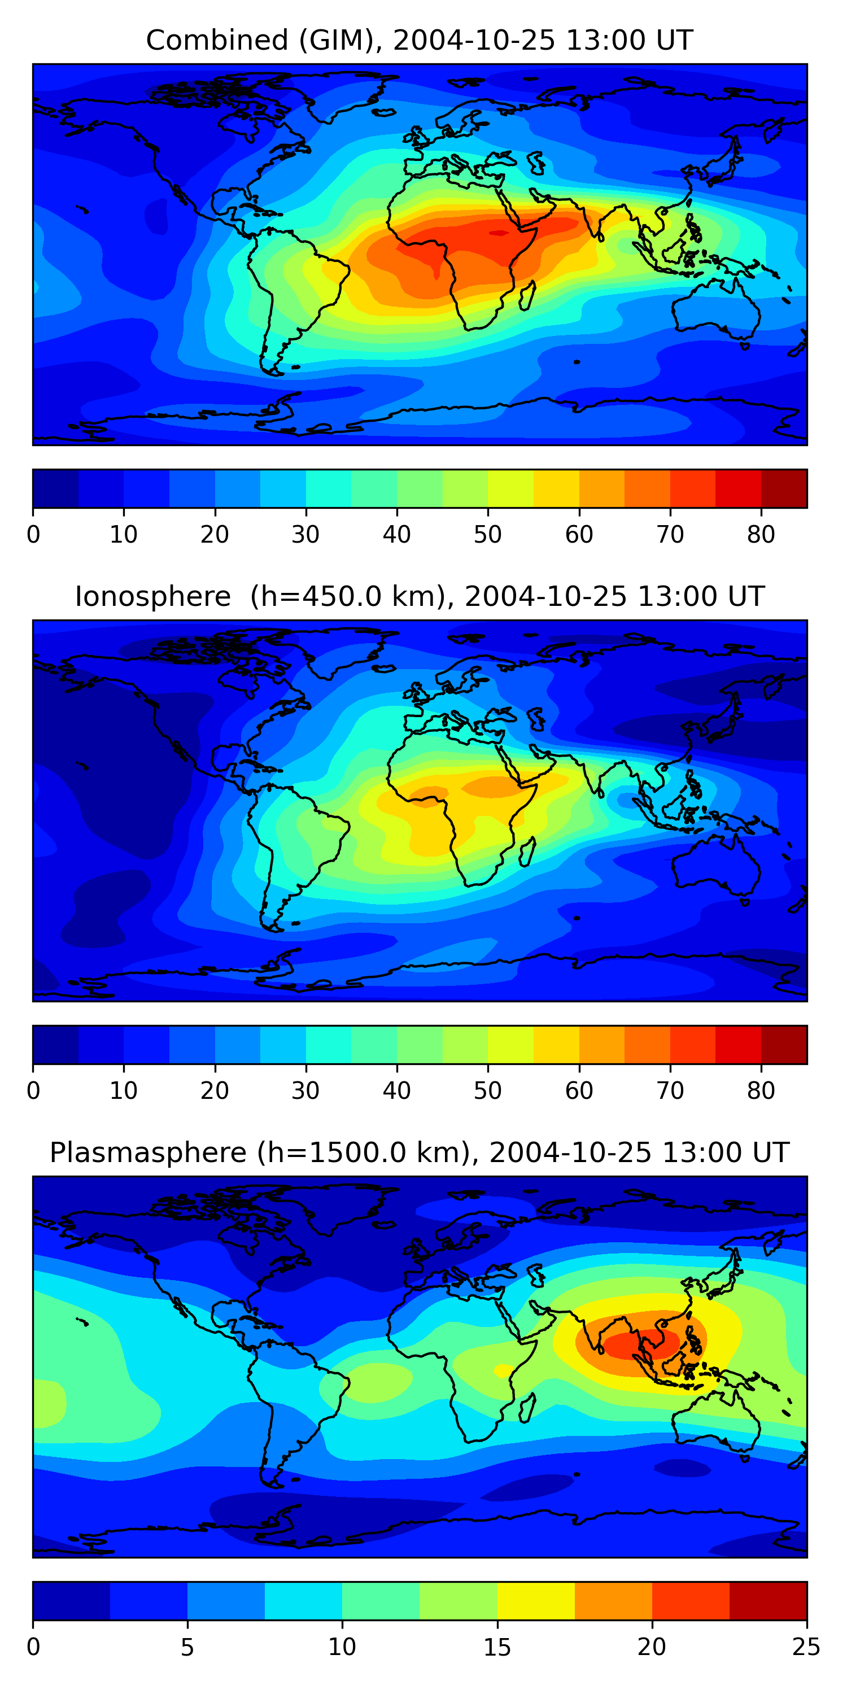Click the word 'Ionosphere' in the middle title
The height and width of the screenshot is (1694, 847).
(152, 596)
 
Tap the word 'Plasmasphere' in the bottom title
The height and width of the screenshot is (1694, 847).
(148, 1153)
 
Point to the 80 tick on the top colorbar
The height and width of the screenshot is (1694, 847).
(761, 534)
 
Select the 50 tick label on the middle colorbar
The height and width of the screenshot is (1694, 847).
(488, 1090)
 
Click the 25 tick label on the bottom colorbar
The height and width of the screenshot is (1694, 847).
(806, 1647)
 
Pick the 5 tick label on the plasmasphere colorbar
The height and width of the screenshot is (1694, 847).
(187, 1647)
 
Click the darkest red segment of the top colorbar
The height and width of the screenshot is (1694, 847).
(784, 488)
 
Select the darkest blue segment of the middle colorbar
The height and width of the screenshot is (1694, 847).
(55, 1044)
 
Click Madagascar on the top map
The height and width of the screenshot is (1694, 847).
(527, 296)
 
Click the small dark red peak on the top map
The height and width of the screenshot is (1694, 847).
(499, 233)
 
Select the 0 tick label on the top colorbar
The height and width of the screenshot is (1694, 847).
(33, 534)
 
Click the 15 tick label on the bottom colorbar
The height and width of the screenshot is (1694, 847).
(497, 1647)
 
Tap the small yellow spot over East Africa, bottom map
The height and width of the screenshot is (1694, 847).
(504, 1370)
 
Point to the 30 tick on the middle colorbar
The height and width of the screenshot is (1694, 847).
(306, 1090)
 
